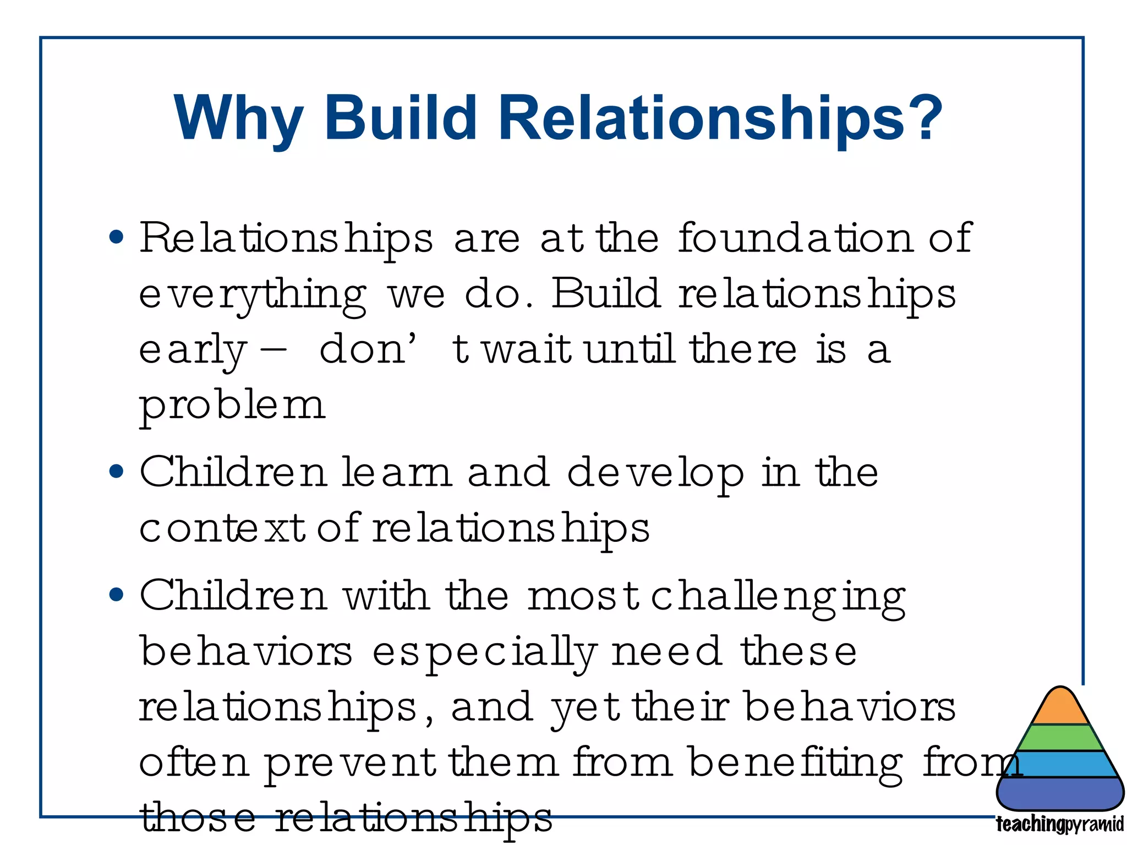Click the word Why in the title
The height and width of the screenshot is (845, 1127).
[238, 119]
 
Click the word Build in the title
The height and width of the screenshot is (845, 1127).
[400, 118]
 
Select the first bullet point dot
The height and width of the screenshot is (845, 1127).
[116, 238]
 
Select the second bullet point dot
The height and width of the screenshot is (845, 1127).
[116, 471]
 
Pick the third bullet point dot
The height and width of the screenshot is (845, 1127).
[116, 595]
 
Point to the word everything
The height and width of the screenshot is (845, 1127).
[252, 295]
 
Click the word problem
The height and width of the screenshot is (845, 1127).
[232, 406]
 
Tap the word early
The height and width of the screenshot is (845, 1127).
[192, 350]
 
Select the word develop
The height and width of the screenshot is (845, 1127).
[655, 473]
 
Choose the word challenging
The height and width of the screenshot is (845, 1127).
[778, 597]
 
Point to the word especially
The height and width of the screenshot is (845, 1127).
[484, 653]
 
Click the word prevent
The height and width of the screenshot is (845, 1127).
[350, 764]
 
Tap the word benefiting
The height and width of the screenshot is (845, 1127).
[795, 764]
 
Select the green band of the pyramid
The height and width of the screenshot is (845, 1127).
[1060, 738]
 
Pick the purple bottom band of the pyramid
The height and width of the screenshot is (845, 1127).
[1060, 793]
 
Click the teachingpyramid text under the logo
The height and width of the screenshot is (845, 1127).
[1059, 825]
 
